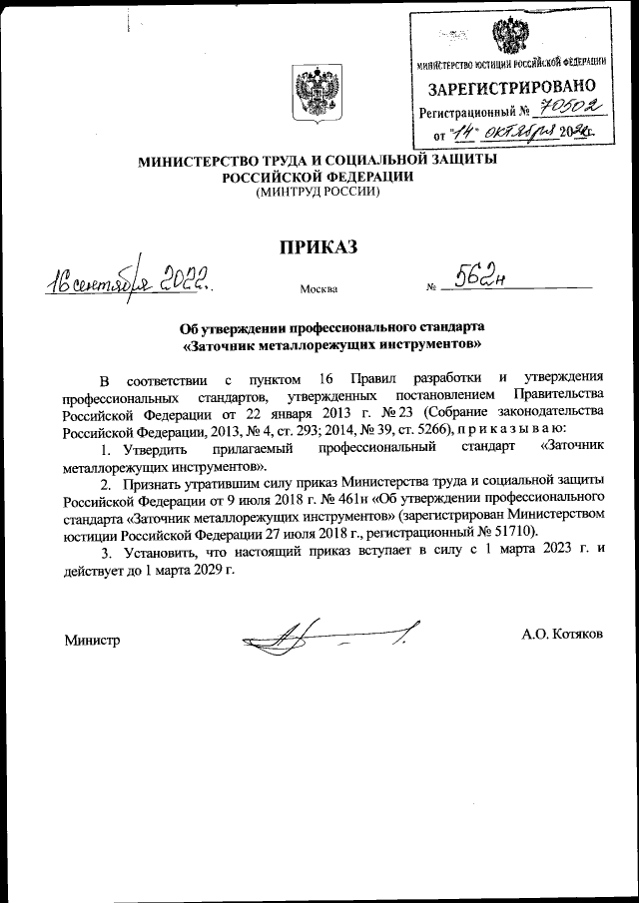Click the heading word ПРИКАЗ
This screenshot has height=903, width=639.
318,248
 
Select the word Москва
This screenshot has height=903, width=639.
319,290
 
